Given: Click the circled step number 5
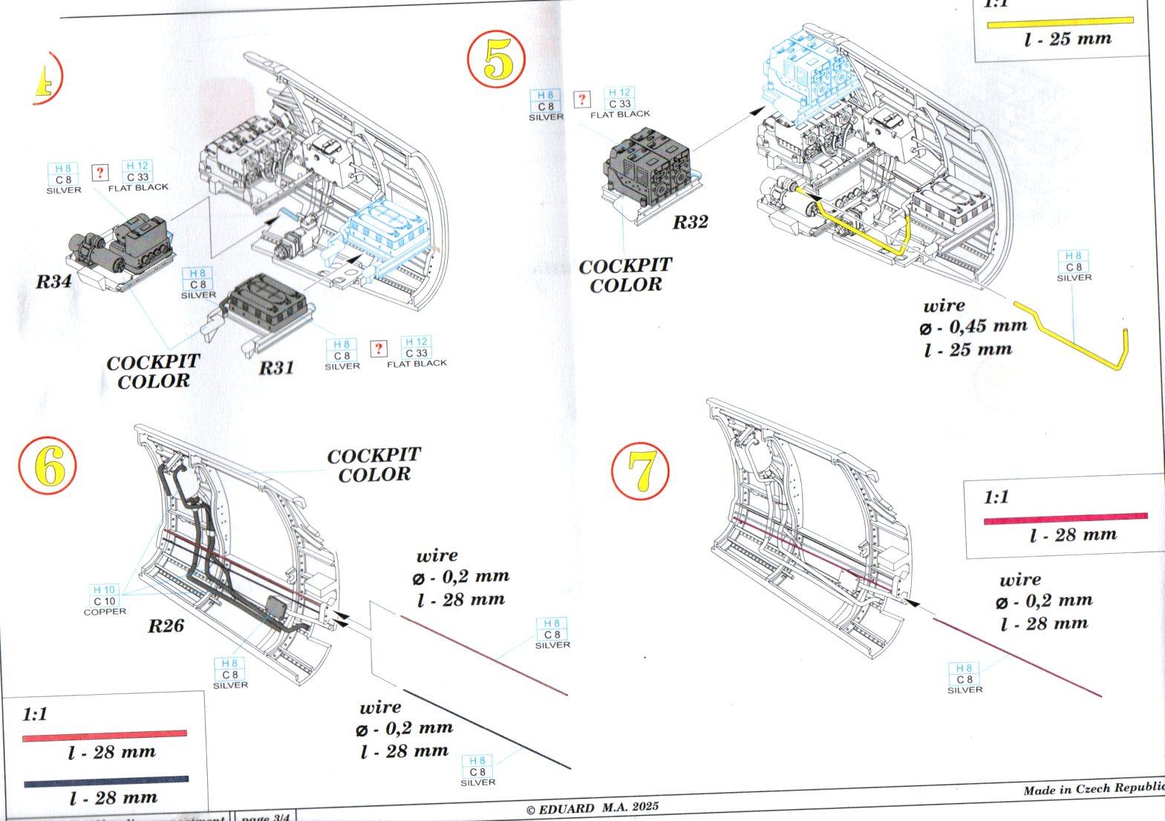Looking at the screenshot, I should [x=497, y=60].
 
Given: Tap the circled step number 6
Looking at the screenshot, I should [x=48, y=466].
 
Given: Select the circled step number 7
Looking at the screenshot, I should [x=640, y=471].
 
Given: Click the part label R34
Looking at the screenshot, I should [x=54, y=281].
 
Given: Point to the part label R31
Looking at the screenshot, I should [x=276, y=367].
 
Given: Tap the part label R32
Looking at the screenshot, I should [x=690, y=222].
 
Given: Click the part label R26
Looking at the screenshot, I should [x=166, y=626].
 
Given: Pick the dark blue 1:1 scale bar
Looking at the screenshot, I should [x=106, y=782].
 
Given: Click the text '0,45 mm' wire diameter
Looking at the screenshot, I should [x=988, y=326].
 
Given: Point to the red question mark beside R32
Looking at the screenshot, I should [x=582, y=99].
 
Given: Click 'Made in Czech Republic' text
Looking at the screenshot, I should [x=1093, y=789].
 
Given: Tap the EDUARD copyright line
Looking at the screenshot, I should [x=592, y=808].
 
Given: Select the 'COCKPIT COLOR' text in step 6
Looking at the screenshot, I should [x=373, y=465].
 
